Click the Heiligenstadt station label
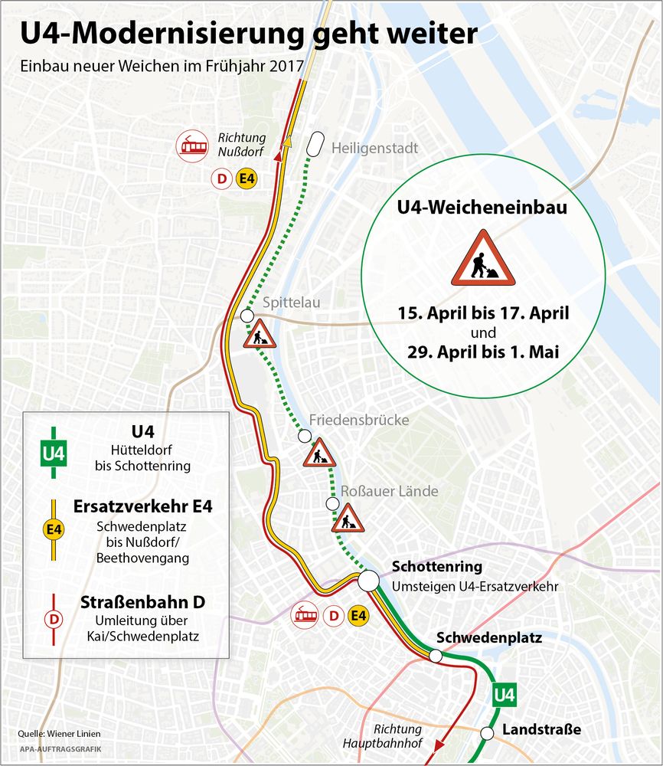374,148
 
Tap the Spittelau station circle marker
247,316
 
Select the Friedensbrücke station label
358,421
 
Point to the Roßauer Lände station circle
332,503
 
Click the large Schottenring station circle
368,580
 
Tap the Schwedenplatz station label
488,637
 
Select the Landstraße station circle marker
486,733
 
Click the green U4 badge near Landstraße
504,696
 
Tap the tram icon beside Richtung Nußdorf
193,146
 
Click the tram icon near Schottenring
307,614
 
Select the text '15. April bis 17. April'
482,313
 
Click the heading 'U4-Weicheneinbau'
482,207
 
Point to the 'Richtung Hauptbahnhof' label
397,736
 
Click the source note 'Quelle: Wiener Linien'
54,734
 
